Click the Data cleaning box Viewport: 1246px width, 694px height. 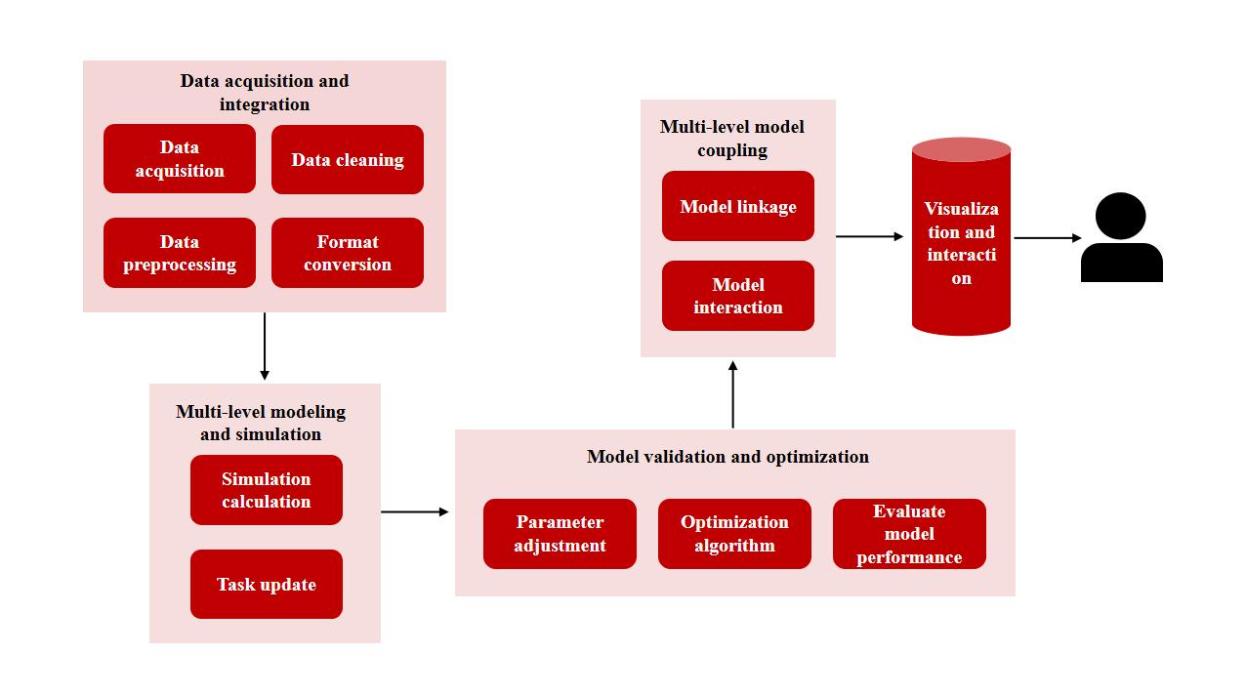point(347,159)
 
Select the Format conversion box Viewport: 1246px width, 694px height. point(347,253)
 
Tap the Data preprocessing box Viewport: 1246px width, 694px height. point(180,253)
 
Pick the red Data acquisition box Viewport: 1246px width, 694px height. point(180,159)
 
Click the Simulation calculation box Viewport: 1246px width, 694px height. point(266,490)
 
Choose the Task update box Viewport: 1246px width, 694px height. point(266,584)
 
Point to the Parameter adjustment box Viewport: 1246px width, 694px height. point(560,534)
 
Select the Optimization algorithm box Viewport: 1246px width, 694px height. point(734,534)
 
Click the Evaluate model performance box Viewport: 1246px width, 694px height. point(909,534)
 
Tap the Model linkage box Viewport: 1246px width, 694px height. point(738,206)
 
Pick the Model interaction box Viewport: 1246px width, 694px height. point(738,296)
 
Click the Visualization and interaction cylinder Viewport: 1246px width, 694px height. point(961,244)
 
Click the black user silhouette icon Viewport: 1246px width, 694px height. point(1121,238)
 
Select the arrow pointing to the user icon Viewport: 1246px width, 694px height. point(1047,238)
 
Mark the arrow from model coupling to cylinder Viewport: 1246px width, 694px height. point(869,236)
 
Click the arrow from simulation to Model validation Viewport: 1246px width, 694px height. point(414,511)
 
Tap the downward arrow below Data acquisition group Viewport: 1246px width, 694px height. point(265,347)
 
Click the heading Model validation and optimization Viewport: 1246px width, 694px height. point(727,457)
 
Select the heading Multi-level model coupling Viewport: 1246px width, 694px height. point(732,138)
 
